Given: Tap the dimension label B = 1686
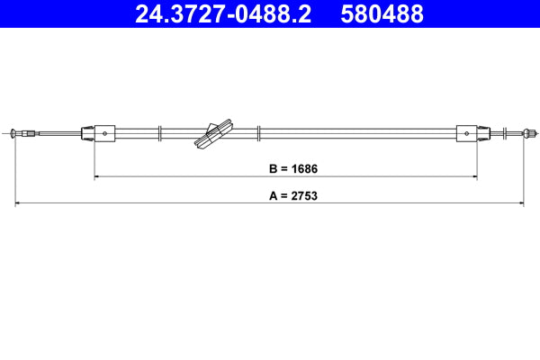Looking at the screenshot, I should pyautogui.click(x=285, y=168).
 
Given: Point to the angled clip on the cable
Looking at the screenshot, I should pyautogui.click(x=213, y=132).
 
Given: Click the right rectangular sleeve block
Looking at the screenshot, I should pyautogui.click(x=467, y=133).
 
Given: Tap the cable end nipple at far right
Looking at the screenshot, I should pyautogui.click(x=525, y=134).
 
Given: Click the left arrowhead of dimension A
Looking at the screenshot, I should pyautogui.click(x=19, y=203).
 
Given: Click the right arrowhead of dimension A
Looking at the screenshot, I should pyautogui.click(x=522, y=203).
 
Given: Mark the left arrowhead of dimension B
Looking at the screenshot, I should pyautogui.click(x=97, y=176).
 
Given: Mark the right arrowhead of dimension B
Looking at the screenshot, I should pyautogui.click(x=474, y=176).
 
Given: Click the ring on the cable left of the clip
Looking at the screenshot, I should pyautogui.click(x=159, y=133).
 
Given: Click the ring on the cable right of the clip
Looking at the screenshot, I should pyautogui.click(x=259, y=133).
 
